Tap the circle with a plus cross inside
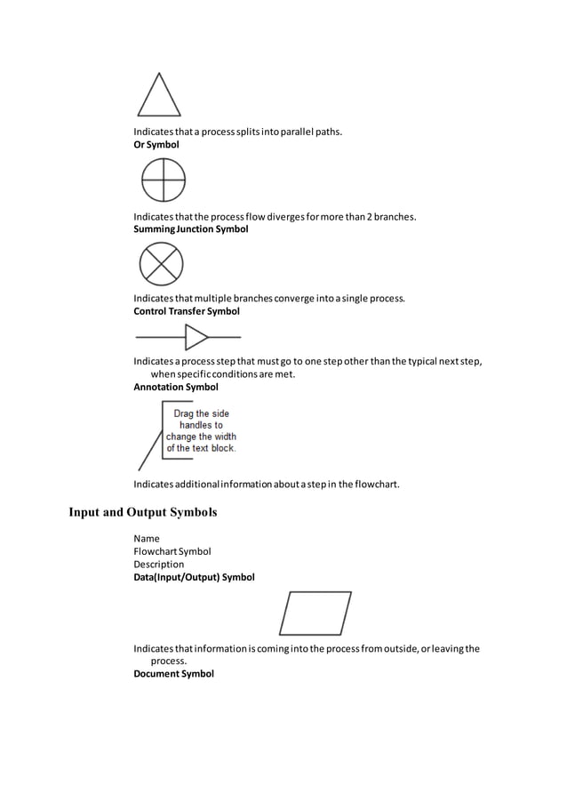point(163,180)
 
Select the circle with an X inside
point(161,264)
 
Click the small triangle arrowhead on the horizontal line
point(196,338)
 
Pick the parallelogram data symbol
point(315,614)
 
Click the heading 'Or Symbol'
point(156,144)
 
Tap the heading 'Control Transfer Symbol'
point(186,311)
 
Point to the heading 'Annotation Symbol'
point(175,388)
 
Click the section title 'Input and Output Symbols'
point(143,512)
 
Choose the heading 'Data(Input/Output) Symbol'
point(194,577)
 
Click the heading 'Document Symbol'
point(173,674)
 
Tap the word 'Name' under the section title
point(147,539)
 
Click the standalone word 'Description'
point(159,565)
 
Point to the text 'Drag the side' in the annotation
point(201,413)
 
